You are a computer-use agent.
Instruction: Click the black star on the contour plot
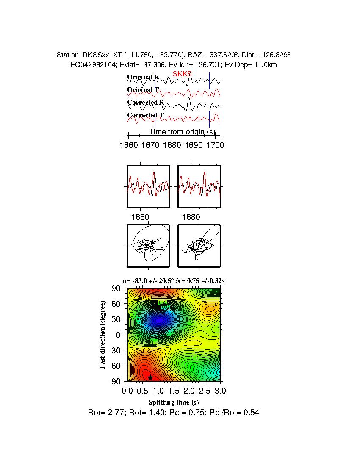[150, 377]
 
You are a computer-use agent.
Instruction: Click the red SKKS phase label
[182, 74]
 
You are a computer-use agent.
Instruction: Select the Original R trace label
[143, 77]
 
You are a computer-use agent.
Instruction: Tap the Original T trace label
[143, 90]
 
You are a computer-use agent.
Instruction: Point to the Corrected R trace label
[145, 103]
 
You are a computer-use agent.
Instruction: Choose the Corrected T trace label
[145, 115]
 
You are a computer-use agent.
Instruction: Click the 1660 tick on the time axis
[129, 146]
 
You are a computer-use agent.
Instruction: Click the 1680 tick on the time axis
[172, 146]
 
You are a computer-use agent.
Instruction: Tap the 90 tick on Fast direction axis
[117, 288]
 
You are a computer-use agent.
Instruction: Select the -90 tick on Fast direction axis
[115, 381]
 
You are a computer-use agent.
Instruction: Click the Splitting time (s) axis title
[174, 402]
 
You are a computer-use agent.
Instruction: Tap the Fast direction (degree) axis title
[103, 335]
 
